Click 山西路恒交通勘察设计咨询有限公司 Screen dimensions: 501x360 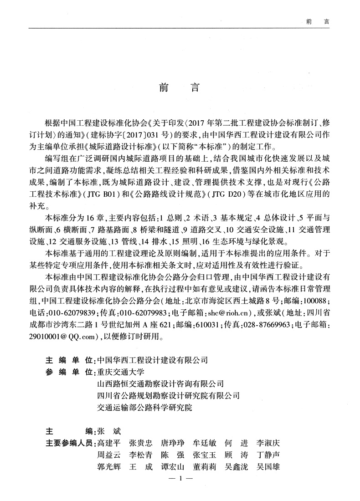point(160,383)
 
